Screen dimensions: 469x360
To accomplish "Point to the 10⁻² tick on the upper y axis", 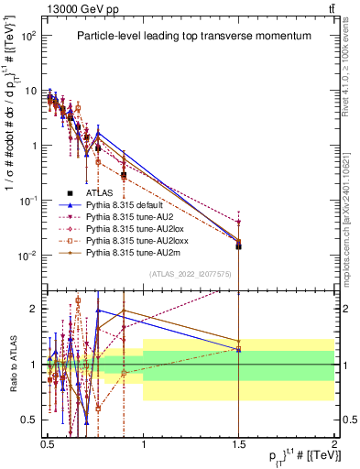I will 29,256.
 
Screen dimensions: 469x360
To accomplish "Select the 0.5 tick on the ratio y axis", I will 31,420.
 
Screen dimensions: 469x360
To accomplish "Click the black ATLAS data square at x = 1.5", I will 238,245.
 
